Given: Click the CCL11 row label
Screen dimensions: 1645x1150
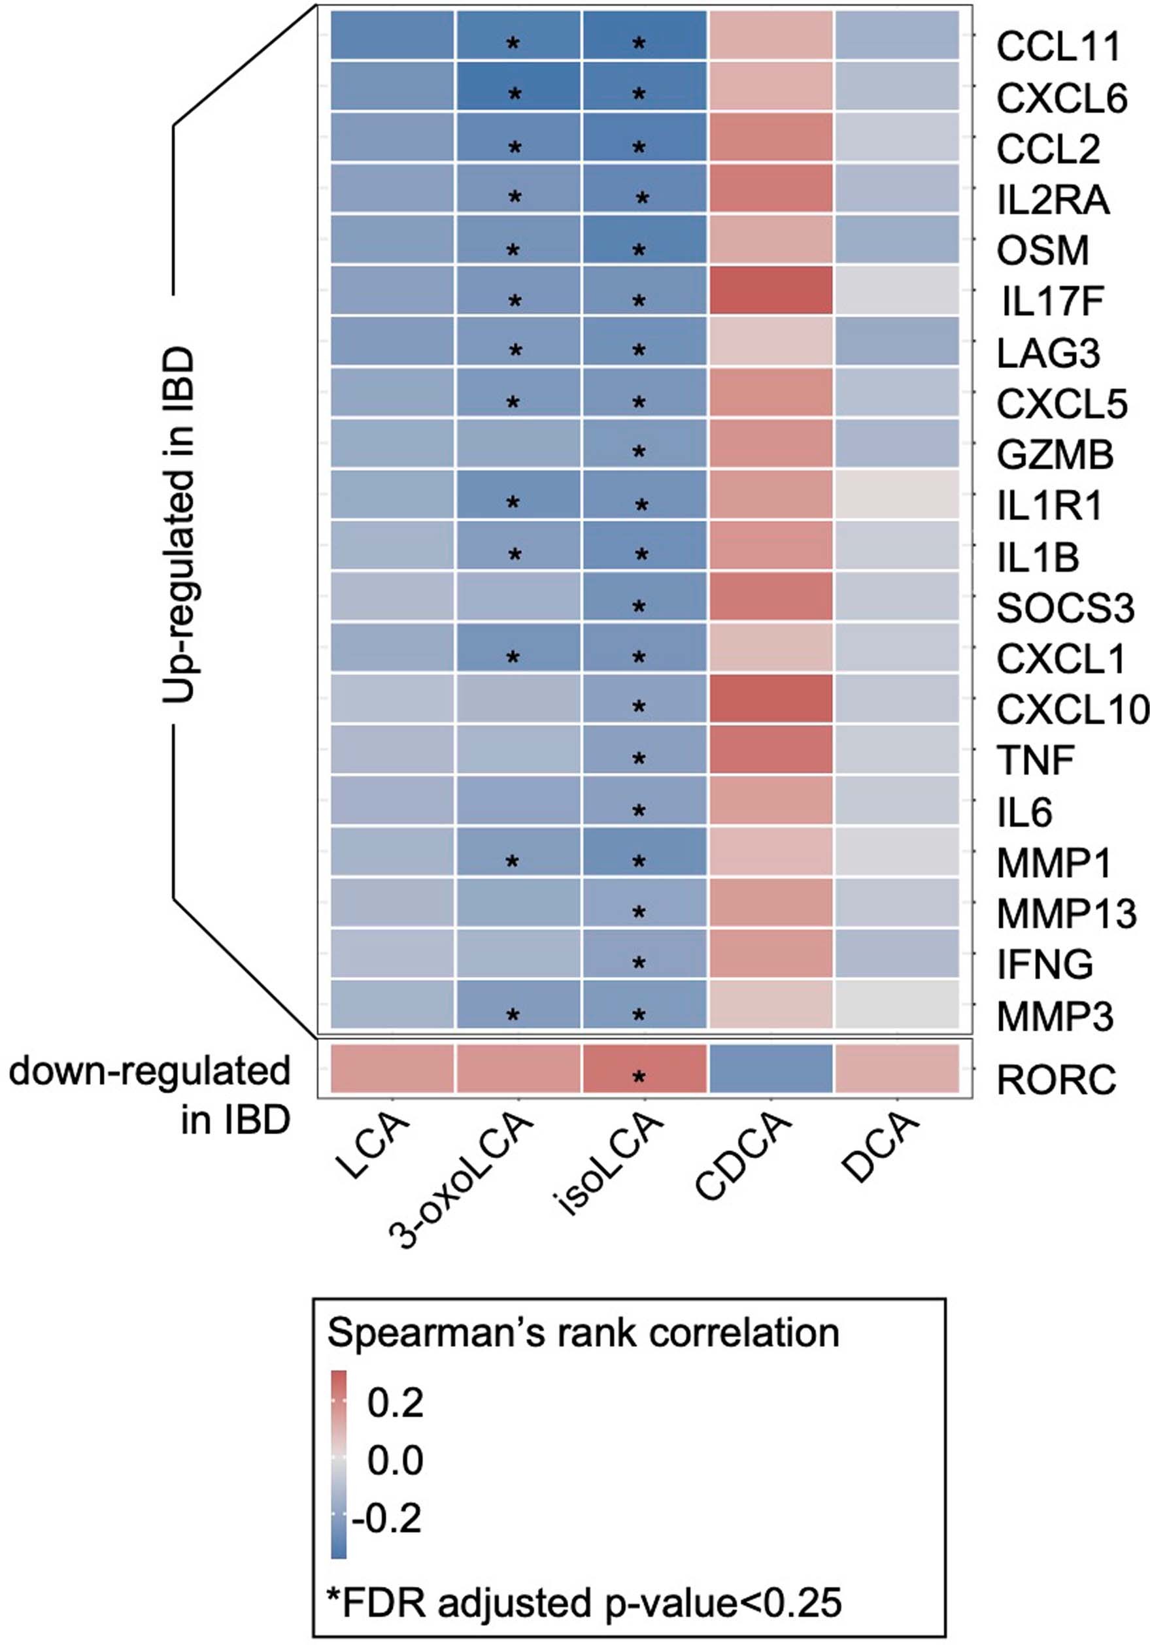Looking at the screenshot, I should click(1058, 47).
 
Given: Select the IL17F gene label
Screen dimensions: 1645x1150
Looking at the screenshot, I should click(1051, 302).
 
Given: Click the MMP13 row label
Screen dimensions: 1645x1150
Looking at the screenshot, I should click(1066, 914).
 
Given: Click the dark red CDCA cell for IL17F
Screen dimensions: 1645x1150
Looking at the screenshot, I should click(770, 290).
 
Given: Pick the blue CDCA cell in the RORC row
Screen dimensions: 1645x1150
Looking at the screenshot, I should click(770, 1069).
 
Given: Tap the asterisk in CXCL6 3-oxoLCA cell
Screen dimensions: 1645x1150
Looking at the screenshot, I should click(514, 94).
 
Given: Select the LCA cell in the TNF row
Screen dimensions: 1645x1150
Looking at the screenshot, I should click(392, 750).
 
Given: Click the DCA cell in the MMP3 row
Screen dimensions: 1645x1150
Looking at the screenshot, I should click(896, 1005).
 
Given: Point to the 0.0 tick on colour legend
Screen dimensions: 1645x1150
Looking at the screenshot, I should click(395, 1459).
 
